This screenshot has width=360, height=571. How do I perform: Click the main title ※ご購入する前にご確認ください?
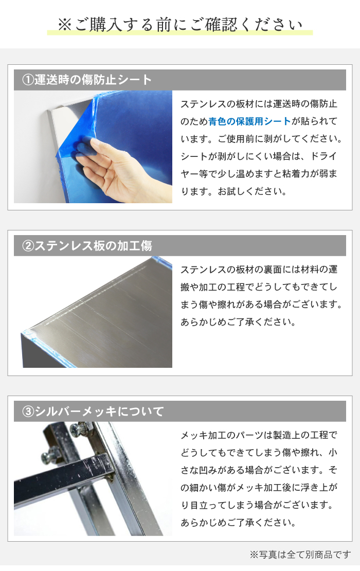(x=180, y=25)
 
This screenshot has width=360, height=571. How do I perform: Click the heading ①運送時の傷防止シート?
(x=87, y=80)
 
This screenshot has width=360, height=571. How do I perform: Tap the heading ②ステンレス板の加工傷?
(x=87, y=246)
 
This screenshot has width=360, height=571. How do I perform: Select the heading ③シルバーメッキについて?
(x=93, y=412)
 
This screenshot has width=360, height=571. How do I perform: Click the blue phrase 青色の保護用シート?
(x=249, y=121)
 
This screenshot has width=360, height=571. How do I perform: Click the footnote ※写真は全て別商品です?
(x=300, y=555)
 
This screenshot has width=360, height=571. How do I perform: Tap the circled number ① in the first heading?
(x=28, y=80)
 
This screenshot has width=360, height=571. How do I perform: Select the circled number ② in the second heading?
(x=28, y=246)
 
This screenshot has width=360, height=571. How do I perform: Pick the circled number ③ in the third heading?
(x=28, y=412)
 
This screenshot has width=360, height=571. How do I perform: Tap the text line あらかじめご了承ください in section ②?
(x=238, y=322)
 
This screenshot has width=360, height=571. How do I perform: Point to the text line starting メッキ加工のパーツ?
(x=259, y=435)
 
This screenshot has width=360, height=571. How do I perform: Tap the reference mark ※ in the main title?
(x=65, y=25)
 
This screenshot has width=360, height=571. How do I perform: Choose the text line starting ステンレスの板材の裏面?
(x=259, y=270)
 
